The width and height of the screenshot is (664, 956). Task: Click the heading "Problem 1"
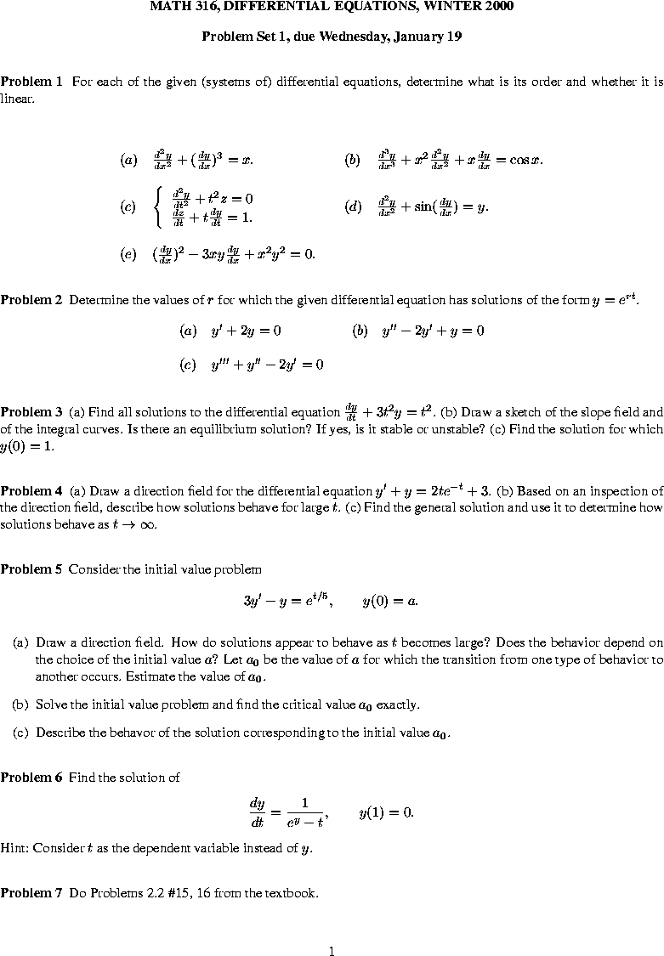point(31,82)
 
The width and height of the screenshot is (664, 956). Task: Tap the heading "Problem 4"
point(31,491)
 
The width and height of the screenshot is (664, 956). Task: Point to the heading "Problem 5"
point(31,569)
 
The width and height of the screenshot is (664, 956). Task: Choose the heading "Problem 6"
point(31,777)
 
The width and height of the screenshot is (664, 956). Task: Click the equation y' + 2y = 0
point(246,331)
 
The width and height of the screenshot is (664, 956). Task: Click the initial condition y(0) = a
point(389,602)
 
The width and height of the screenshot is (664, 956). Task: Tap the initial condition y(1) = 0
point(386,812)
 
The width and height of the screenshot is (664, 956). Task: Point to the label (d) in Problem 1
point(353,206)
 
